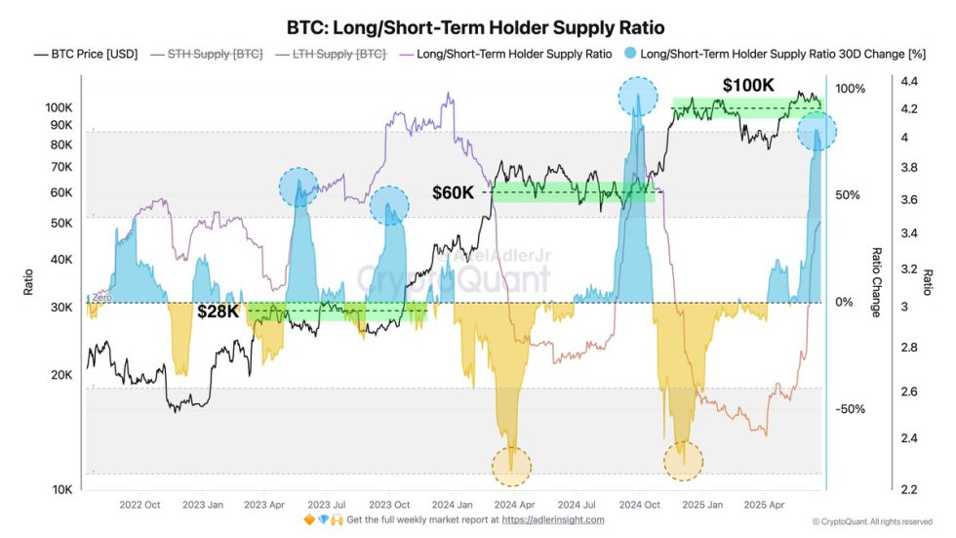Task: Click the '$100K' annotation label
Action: (748, 86)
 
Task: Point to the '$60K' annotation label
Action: (454, 192)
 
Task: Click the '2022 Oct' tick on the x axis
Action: (139, 504)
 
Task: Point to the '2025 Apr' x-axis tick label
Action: (764, 504)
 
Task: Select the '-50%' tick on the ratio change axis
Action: (850, 408)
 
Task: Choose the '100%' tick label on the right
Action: (850, 89)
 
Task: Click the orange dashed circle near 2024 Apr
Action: (512, 466)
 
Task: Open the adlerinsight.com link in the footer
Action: (553, 519)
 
